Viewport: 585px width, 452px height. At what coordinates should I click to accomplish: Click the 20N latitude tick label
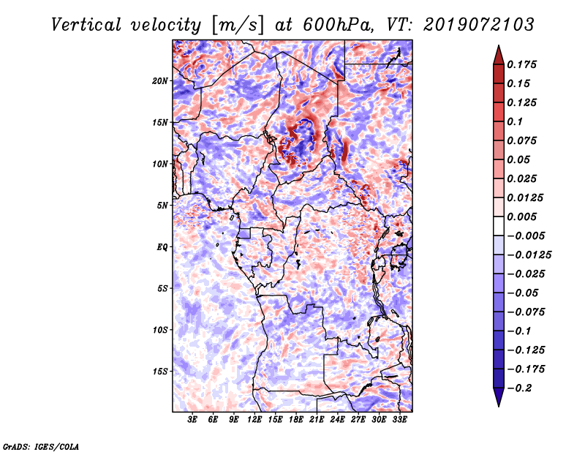160,81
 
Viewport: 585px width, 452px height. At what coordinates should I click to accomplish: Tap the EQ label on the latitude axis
162,247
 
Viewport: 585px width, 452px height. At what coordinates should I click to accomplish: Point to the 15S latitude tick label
160,372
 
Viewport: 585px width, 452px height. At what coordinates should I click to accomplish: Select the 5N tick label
162,206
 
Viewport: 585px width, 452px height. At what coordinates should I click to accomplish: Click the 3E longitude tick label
192,420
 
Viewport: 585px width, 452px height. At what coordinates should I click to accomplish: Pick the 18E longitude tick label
296,420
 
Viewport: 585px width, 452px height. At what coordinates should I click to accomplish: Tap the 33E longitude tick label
399,420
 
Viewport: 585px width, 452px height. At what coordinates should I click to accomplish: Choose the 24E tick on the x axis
337,420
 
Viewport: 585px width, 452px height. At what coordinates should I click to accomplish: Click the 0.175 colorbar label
521,64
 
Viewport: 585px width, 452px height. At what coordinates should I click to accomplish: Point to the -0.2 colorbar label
519,388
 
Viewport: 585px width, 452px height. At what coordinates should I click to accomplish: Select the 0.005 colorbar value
521,216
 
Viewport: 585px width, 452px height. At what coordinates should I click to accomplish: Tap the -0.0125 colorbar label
529,255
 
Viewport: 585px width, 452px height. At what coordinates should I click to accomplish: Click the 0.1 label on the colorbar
515,121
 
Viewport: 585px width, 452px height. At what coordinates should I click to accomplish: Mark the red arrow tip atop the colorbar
499,45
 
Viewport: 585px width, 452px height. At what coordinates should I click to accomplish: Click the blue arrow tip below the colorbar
499,406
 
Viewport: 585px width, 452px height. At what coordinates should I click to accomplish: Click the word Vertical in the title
86,25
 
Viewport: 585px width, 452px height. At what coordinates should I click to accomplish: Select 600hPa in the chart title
338,25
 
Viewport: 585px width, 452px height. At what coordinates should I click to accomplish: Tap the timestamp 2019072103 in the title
479,25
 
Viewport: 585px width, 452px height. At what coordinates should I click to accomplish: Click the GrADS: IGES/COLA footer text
41,447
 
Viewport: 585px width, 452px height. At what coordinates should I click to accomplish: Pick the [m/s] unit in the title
238,25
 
